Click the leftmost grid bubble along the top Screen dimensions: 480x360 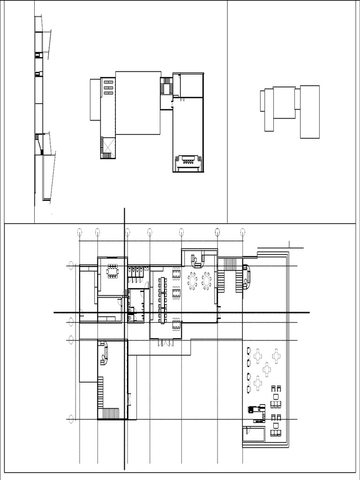click(80, 232)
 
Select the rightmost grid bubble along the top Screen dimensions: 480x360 click(242, 232)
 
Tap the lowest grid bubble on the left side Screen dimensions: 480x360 click(71, 419)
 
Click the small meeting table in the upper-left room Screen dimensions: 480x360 click(112, 271)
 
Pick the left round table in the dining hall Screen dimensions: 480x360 click(192, 281)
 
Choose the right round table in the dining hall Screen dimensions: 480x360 click(206, 281)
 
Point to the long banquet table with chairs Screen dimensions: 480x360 click(163, 300)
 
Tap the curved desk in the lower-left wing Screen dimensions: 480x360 click(104, 353)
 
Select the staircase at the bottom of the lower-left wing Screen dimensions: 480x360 click(112, 413)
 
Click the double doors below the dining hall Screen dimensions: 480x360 click(165, 343)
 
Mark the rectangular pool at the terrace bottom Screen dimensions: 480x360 click(254, 435)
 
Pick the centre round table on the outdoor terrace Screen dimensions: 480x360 click(267, 369)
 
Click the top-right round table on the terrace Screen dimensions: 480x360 click(276, 356)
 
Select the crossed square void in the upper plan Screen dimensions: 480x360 click(108, 144)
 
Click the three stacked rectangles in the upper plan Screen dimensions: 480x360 click(108, 88)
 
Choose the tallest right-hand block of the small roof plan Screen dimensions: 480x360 click(310, 112)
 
